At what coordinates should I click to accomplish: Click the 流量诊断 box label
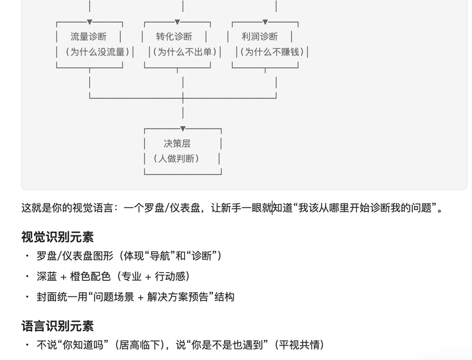[88, 37]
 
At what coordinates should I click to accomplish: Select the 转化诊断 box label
[174, 37]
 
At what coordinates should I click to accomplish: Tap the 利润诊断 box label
[260, 37]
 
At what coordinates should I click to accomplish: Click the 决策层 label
[177, 143]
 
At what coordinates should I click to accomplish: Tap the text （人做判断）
[176, 158]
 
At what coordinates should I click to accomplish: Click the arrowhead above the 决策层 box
[183, 129]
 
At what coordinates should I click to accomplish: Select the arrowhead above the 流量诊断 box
[90, 22]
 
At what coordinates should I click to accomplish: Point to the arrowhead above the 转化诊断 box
[178, 22]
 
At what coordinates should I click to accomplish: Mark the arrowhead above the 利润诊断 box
[265, 22]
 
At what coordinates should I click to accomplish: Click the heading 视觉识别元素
[57, 237]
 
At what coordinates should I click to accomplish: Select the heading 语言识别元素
[57, 326]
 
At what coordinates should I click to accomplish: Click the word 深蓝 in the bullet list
[47, 276]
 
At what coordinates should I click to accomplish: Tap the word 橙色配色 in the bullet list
[90, 276]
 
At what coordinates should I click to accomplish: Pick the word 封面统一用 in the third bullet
[62, 297]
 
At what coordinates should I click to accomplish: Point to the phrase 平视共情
[299, 345]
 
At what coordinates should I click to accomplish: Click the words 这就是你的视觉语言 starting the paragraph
[67, 208]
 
